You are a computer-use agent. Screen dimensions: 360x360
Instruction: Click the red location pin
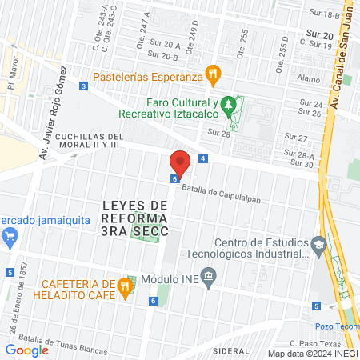coord(180,164)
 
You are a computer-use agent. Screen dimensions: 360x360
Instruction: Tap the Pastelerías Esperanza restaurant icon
coord(213,77)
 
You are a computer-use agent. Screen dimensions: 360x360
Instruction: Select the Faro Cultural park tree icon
coord(229,104)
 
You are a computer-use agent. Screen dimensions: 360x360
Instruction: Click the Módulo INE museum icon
coord(210,280)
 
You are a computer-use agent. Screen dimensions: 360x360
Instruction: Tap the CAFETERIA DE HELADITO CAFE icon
coord(126,286)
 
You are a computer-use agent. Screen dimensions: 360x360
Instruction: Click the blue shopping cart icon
coord(10,236)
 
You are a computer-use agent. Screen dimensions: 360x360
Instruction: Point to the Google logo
coord(26,350)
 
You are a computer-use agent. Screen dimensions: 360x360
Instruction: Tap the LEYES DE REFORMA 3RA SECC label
coord(135,218)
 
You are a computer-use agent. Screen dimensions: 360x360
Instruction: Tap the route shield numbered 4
coord(203,158)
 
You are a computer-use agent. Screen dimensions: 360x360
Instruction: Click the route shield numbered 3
coord(83,86)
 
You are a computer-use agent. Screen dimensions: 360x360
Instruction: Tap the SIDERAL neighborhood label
coord(231,350)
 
